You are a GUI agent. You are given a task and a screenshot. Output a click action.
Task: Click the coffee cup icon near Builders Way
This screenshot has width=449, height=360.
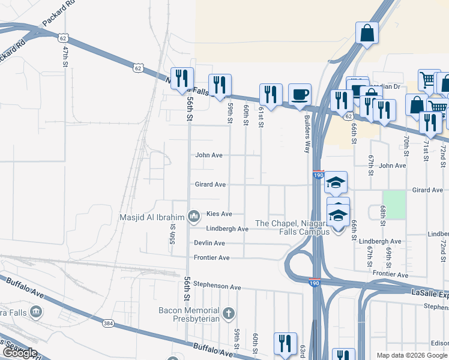coord(300,94)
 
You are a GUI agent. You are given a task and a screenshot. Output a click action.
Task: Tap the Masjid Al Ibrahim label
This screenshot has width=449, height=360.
coord(153,217)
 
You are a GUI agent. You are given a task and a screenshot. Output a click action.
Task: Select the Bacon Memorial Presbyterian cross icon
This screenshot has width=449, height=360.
coord(228,313)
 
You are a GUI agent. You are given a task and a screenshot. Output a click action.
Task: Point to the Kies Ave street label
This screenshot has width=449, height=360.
coord(219,214)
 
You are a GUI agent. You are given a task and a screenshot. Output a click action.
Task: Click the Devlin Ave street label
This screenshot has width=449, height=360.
coord(209,243)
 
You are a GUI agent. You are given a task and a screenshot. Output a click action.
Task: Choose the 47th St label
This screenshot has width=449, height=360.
coord(65,55)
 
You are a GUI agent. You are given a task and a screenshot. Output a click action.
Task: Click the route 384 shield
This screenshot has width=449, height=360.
coord(108,323)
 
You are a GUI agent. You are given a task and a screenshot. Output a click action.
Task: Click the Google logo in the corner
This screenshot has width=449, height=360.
coord(19,353)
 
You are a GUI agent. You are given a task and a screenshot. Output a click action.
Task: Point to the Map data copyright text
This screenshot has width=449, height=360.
coord(412,355)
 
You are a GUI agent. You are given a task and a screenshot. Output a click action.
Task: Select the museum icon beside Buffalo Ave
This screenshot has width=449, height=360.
coord(36,311)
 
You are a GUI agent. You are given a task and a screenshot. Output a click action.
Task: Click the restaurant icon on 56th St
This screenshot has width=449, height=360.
coord(182,79)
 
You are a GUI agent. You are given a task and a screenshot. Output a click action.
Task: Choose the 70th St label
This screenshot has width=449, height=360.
coord(406,146)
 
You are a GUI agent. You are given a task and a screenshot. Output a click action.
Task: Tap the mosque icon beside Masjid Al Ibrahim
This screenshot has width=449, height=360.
coord(193,216)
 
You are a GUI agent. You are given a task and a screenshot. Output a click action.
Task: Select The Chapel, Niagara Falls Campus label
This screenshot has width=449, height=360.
coord(292,227)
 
